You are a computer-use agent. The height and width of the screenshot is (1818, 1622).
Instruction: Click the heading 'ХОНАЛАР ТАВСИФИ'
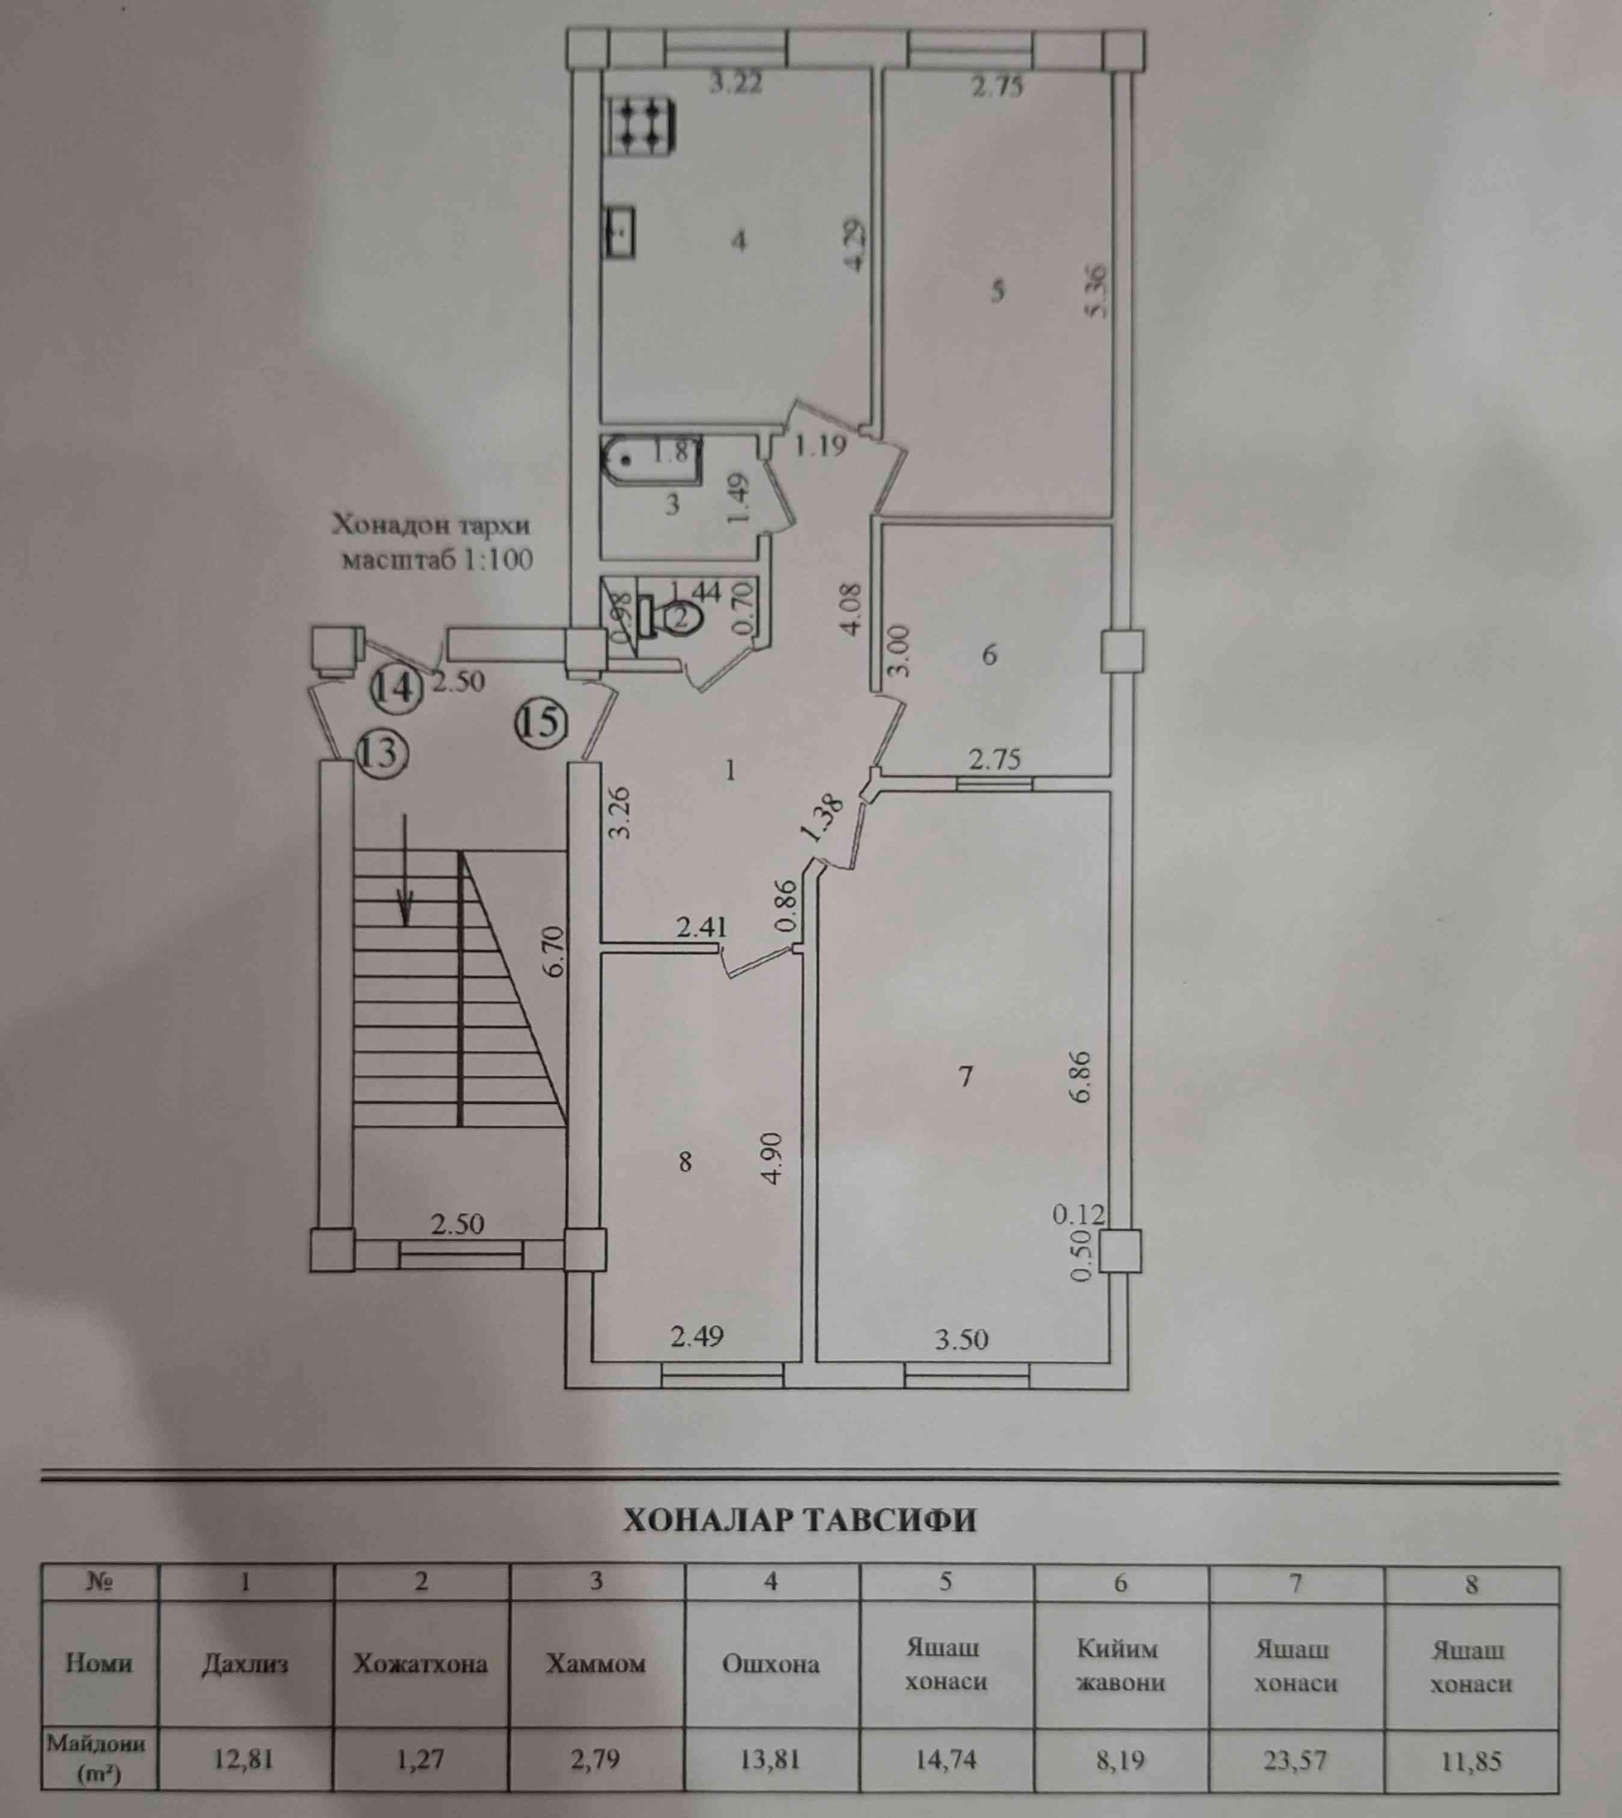tap(799, 1520)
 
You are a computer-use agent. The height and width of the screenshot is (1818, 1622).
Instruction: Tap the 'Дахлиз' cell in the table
tap(245, 1664)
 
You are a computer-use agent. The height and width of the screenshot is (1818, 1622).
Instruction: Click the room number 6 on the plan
tap(989, 655)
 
